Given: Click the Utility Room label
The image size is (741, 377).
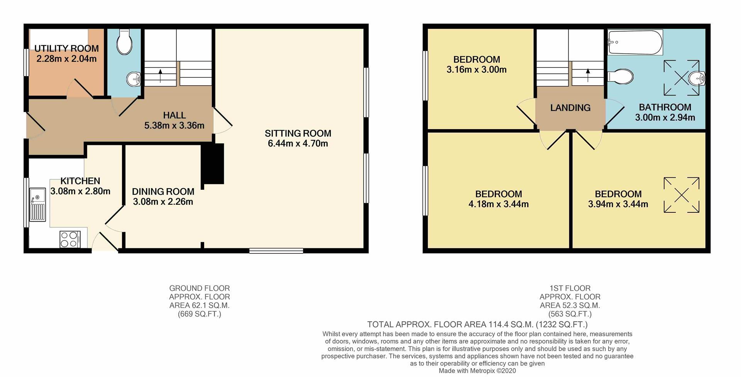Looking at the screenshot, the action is coord(66,49).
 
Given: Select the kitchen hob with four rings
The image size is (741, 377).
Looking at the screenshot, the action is coord(70,239).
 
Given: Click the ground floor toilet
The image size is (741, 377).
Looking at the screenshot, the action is coord(124,42).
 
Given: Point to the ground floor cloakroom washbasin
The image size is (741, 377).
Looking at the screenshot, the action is coord(134,79).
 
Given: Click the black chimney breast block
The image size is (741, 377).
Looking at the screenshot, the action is coord(212,164).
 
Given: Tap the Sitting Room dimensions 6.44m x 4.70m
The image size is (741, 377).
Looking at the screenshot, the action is coord(298,144).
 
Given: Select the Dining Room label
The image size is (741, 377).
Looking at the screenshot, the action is coord(163,192).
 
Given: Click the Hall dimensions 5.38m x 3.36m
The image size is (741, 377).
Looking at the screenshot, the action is coord(174,126).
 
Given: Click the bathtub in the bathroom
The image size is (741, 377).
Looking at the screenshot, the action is coord(635,42).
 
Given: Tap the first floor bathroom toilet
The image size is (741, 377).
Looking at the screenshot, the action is coord(620,76).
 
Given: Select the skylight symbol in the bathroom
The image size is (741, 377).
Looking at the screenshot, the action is coord(681,78).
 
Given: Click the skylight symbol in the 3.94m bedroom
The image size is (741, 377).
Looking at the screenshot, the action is coord(681,195).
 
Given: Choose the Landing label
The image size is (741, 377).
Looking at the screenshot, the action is coord(570,108).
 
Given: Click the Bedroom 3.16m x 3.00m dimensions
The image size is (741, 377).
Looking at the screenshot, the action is coord(477,70).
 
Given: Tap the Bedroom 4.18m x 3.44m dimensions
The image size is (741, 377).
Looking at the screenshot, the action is coord(499,204).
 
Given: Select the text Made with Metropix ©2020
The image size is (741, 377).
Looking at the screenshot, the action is coord(477,371).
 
